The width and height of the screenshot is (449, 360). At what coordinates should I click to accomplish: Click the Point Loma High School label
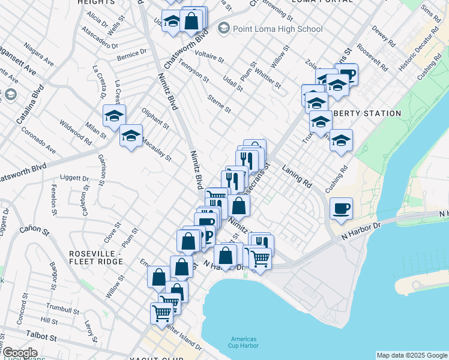point(278,29)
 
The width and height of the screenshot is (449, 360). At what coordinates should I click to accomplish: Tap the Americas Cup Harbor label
point(243,341)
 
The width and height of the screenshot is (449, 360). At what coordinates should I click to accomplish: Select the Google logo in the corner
point(20,353)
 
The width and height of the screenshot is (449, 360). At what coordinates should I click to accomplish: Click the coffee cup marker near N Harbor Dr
point(341,209)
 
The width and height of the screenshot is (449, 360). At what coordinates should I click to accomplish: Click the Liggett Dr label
point(75,178)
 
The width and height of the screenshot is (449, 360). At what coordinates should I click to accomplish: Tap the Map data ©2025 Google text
point(411,355)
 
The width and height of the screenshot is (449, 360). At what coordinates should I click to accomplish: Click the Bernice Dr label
point(132,54)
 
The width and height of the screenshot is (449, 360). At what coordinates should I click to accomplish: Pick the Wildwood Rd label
point(75,132)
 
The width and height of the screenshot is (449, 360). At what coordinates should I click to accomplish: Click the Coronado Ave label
point(38,140)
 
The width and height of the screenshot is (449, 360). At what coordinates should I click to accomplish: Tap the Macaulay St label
point(157,154)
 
